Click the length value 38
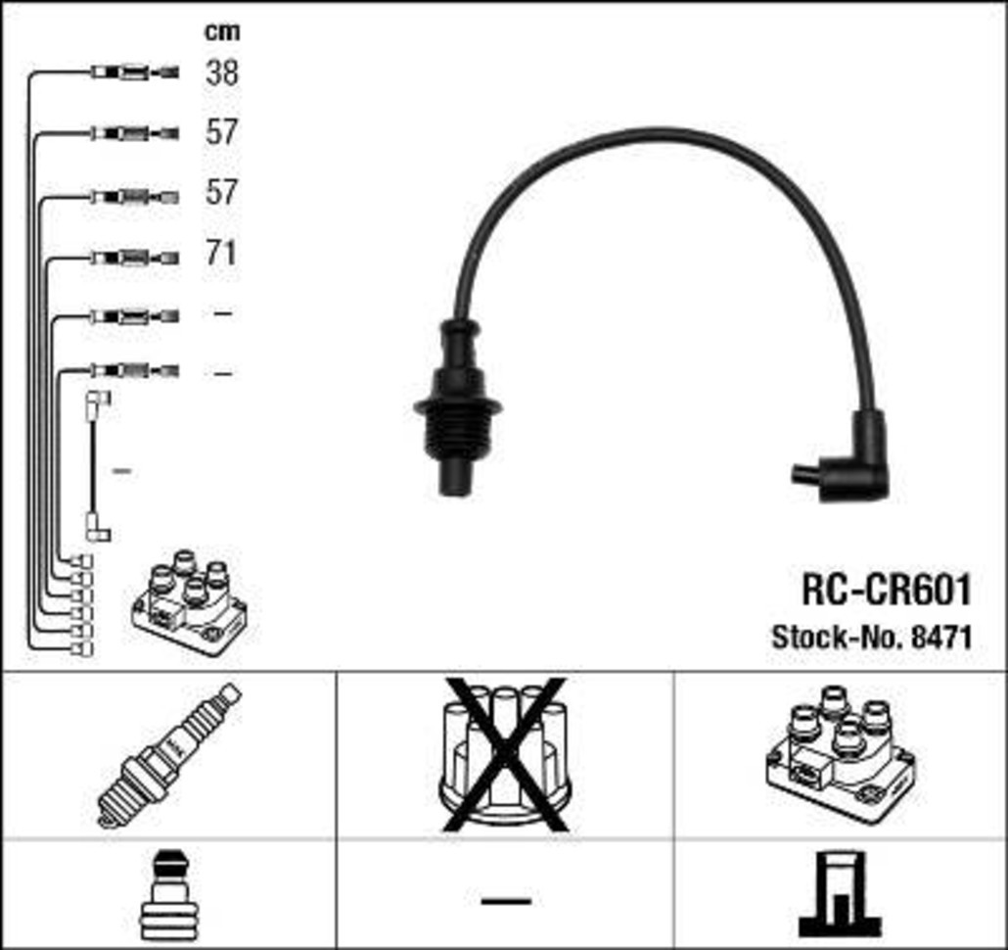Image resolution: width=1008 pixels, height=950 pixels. [221, 72]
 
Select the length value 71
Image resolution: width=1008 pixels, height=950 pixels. [221, 253]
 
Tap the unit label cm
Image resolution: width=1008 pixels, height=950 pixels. [221, 31]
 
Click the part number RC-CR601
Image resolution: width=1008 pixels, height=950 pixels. [886, 590]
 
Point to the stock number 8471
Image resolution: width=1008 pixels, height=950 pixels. [940, 639]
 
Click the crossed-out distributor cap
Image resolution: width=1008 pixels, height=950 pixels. [504, 754]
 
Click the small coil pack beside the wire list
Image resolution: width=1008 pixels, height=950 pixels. [189, 603]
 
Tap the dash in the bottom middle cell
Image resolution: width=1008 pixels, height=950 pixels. [506, 898]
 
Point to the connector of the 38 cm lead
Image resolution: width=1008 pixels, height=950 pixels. [135, 71]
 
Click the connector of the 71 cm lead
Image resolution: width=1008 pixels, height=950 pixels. [135, 259]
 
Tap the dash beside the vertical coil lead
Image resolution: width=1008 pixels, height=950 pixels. [121, 472]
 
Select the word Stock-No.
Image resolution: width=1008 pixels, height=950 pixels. [836, 639]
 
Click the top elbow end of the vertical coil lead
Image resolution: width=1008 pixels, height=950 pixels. [99, 400]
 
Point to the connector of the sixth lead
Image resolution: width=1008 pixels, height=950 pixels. [135, 370]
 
